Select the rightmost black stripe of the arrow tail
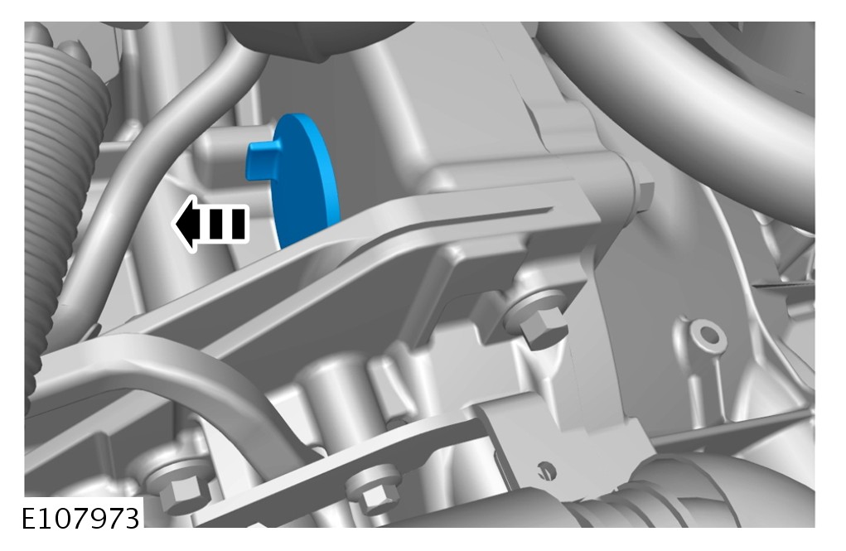pos(239,224)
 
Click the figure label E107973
pos(80,519)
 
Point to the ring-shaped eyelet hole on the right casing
pos(708,335)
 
